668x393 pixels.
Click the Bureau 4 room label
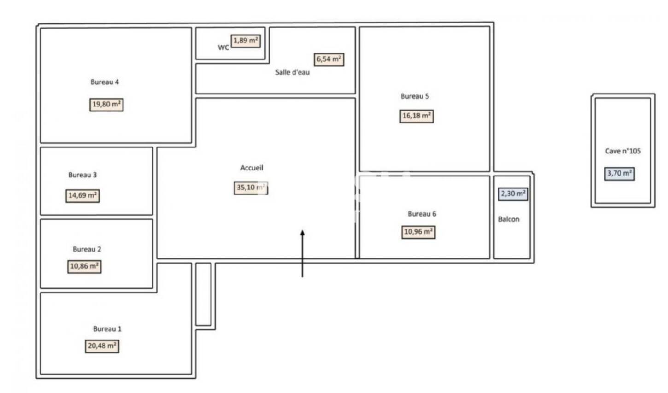tap(105, 82)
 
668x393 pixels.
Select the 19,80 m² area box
tap(106, 105)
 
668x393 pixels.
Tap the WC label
tap(223, 47)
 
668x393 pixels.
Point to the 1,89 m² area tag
tap(246, 41)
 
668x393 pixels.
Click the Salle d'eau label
tap(293, 72)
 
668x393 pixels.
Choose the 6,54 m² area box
tap(329, 59)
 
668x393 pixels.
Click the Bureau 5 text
tap(415, 96)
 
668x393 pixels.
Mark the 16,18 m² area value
tap(416, 116)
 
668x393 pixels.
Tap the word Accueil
tap(252, 168)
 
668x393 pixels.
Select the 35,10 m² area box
tap(251, 188)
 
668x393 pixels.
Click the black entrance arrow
tap(302, 253)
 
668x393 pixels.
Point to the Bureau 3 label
tap(82, 175)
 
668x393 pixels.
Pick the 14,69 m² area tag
tap(83, 196)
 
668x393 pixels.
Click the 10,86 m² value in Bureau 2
tap(84, 266)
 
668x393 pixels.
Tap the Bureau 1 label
tap(107, 329)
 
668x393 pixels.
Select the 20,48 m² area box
tap(102, 346)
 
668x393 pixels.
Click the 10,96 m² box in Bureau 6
tap(418, 232)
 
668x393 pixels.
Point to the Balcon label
tap(509, 219)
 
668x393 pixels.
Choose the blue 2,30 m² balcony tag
tap(513, 194)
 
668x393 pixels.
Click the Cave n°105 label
tap(622, 151)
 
